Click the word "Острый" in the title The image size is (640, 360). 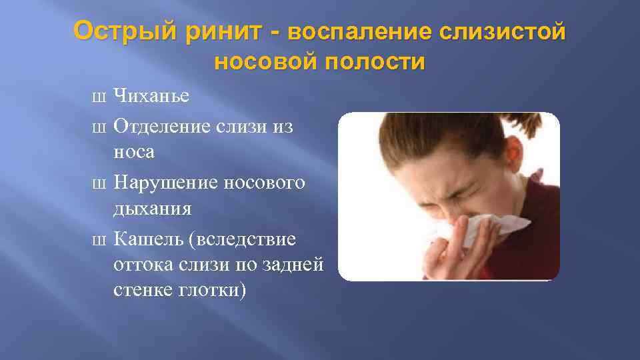125,31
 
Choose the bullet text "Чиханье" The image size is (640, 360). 151,96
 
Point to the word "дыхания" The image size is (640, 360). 152,209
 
